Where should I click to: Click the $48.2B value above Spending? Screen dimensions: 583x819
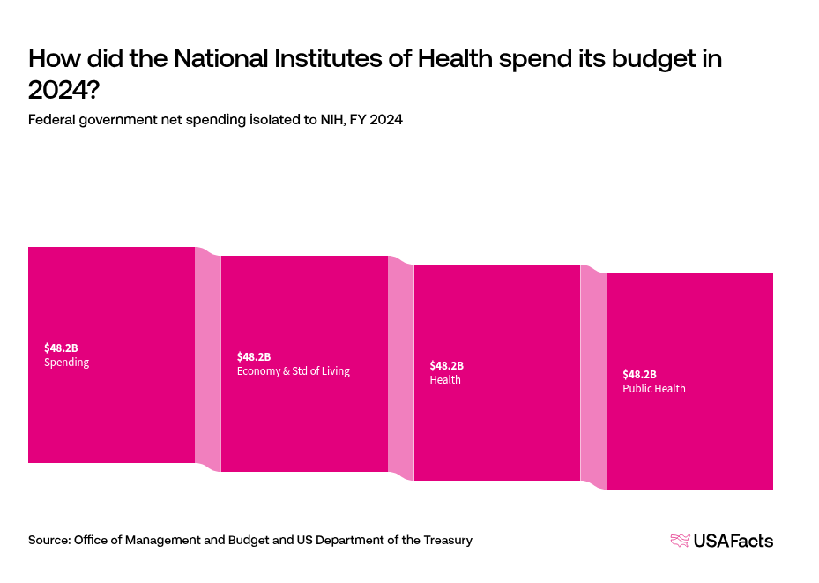(x=61, y=348)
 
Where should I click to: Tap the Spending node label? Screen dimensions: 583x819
(x=67, y=363)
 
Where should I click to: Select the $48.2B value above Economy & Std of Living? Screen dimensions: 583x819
(x=254, y=356)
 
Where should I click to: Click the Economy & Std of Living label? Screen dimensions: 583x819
(x=294, y=371)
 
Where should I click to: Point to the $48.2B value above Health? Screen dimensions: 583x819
(x=446, y=365)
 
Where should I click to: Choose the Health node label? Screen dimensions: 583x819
(x=445, y=380)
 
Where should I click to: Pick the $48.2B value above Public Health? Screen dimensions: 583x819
(x=639, y=374)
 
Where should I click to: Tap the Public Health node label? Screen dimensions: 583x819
(x=654, y=389)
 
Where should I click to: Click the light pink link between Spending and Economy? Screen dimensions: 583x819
(x=208, y=360)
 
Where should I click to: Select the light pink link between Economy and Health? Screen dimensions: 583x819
(x=401, y=369)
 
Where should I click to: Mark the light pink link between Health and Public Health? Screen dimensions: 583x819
(x=593, y=377)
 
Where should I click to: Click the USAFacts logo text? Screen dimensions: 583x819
(x=733, y=541)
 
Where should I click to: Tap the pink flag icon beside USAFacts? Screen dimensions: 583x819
(x=680, y=541)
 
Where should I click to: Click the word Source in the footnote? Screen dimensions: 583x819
(x=48, y=540)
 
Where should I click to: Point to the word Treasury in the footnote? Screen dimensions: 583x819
(x=446, y=540)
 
